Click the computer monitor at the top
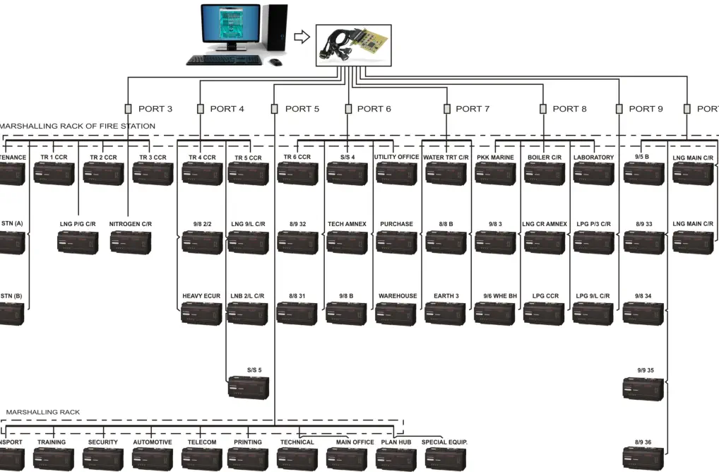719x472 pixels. coord(230,26)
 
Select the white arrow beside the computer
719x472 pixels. coord(302,37)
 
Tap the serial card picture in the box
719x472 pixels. coord(353,45)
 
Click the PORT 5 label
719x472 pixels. coord(302,109)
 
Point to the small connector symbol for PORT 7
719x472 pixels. coord(446,109)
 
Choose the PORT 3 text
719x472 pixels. coord(155,109)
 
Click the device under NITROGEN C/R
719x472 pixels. coord(130,242)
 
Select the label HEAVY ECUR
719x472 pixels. coord(201,296)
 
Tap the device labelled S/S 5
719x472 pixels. coord(247,387)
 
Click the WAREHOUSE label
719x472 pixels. coord(398,296)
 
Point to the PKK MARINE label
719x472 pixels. coord(495,157)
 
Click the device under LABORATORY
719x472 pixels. coord(593,174)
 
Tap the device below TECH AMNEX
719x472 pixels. coord(346,242)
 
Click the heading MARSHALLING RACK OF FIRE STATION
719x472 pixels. coord(78,126)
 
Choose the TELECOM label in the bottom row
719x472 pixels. coord(201,442)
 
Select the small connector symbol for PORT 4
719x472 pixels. coord(201,109)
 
